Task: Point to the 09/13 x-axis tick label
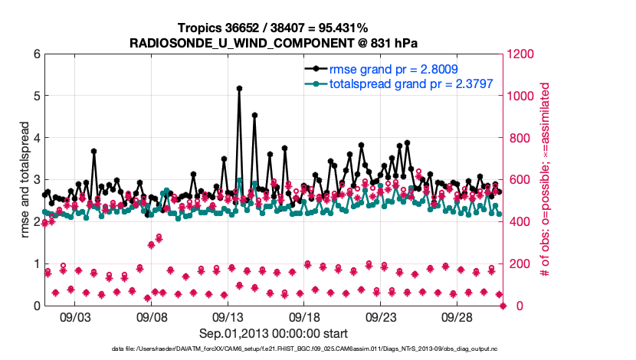(228, 316)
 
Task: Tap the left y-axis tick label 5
(35, 97)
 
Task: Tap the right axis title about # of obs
(546, 179)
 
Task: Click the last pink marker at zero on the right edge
(503, 306)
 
